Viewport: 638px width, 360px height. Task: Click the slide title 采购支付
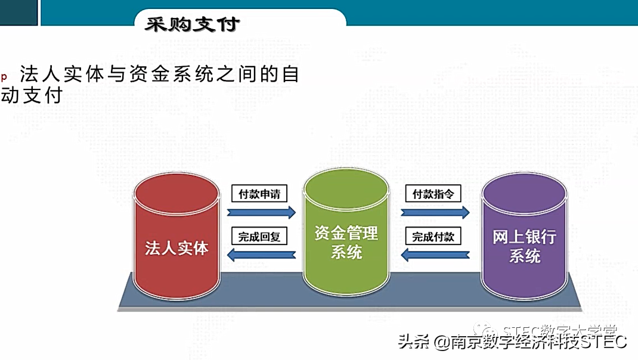pyautogui.click(x=192, y=24)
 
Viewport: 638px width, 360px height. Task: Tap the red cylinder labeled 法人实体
pyautogui.click(x=176, y=232)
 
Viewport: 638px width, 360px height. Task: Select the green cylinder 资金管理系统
pyautogui.click(x=346, y=232)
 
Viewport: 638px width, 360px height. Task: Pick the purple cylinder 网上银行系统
pyautogui.click(x=525, y=232)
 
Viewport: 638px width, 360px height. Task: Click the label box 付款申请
pyautogui.click(x=259, y=194)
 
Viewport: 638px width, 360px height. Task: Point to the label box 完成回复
pyautogui.click(x=259, y=237)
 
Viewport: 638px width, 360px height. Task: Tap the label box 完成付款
pyautogui.click(x=433, y=237)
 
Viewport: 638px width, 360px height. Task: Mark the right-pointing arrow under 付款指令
pyautogui.click(x=435, y=212)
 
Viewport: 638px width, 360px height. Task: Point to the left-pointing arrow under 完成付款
pyautogui.click(x=435, y=255)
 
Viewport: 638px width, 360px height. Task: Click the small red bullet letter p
pyautogui.click(x=4, y=76)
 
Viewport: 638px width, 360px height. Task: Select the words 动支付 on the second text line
pyautogui.click(x=32, y=95)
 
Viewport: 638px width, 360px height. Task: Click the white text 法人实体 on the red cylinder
pyautogui.click(x=176, y=248)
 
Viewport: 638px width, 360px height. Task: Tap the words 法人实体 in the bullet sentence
pyautogui.click(x=59, y=75)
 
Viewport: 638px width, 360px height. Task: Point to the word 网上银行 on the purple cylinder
pyautogui.click(x=525, y=237)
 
